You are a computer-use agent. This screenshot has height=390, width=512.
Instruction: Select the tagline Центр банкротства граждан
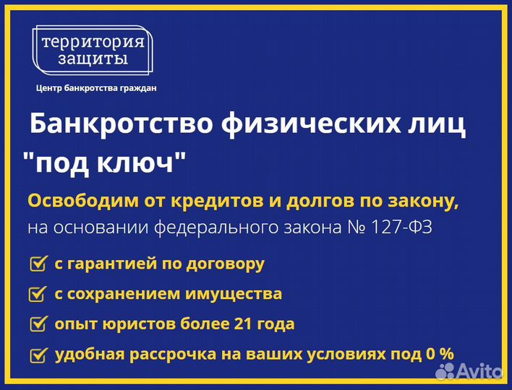[x=96, y=88]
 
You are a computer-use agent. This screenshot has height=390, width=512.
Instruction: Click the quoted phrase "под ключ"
[x=103, y=161]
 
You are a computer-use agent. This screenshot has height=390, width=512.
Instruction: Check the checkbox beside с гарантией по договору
[x=38, y=264]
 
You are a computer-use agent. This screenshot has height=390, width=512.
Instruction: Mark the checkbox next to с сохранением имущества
[x=38, y=294]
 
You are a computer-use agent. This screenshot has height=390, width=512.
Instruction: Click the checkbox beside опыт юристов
[x=38, y=324]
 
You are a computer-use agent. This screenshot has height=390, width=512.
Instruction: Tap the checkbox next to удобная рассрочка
[x=38, y=355]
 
